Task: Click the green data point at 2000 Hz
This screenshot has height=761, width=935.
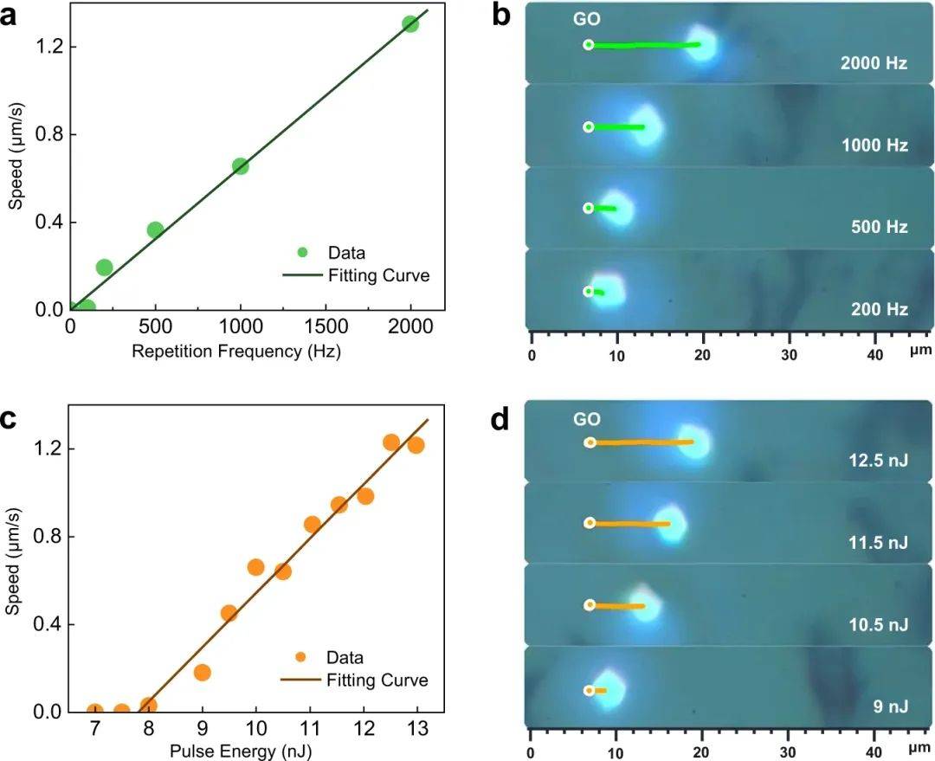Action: (410, 23)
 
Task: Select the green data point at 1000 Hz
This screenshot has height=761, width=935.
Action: (241, 166)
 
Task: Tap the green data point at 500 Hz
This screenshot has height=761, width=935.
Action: (155, 229)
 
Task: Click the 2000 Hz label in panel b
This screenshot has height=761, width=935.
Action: (874, 63)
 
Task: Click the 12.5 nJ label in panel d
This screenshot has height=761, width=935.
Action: (878, 461)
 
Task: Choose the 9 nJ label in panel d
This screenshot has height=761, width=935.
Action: (890, 708)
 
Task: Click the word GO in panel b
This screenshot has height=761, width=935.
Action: (586, 20)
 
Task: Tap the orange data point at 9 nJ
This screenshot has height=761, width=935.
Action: (203, 672)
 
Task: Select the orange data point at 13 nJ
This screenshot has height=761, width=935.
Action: (416, 445)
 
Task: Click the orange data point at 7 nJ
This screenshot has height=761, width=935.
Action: (95, 711)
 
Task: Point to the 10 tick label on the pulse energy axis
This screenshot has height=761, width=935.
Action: (255, 730)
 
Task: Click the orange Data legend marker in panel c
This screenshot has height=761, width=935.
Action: (302, 657)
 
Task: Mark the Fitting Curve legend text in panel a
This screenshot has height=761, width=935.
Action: (378, 276)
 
